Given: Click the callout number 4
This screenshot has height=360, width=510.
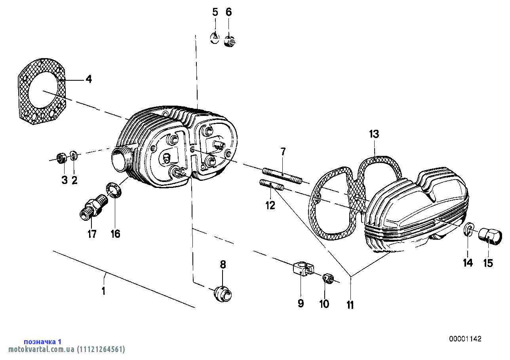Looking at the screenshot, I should pos(89,80).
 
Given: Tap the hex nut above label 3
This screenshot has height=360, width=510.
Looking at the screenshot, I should pos(61,158).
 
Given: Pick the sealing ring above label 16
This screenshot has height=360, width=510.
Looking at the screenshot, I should pos(114,190).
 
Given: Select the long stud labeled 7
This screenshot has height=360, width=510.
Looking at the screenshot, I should pos(282,176).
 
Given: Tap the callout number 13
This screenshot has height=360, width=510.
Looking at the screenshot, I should pos(374,134).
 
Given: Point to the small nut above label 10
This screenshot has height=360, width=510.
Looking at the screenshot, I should pos(327,278).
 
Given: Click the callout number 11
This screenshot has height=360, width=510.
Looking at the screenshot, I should pos(350,305).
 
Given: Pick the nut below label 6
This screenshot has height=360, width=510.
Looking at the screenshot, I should pos(230,41).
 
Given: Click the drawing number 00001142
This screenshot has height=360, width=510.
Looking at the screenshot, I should pos(465,339).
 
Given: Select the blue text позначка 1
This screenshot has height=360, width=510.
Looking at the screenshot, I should pos(43,341).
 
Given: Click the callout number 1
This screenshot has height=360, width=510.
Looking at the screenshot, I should pos(103,292).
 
